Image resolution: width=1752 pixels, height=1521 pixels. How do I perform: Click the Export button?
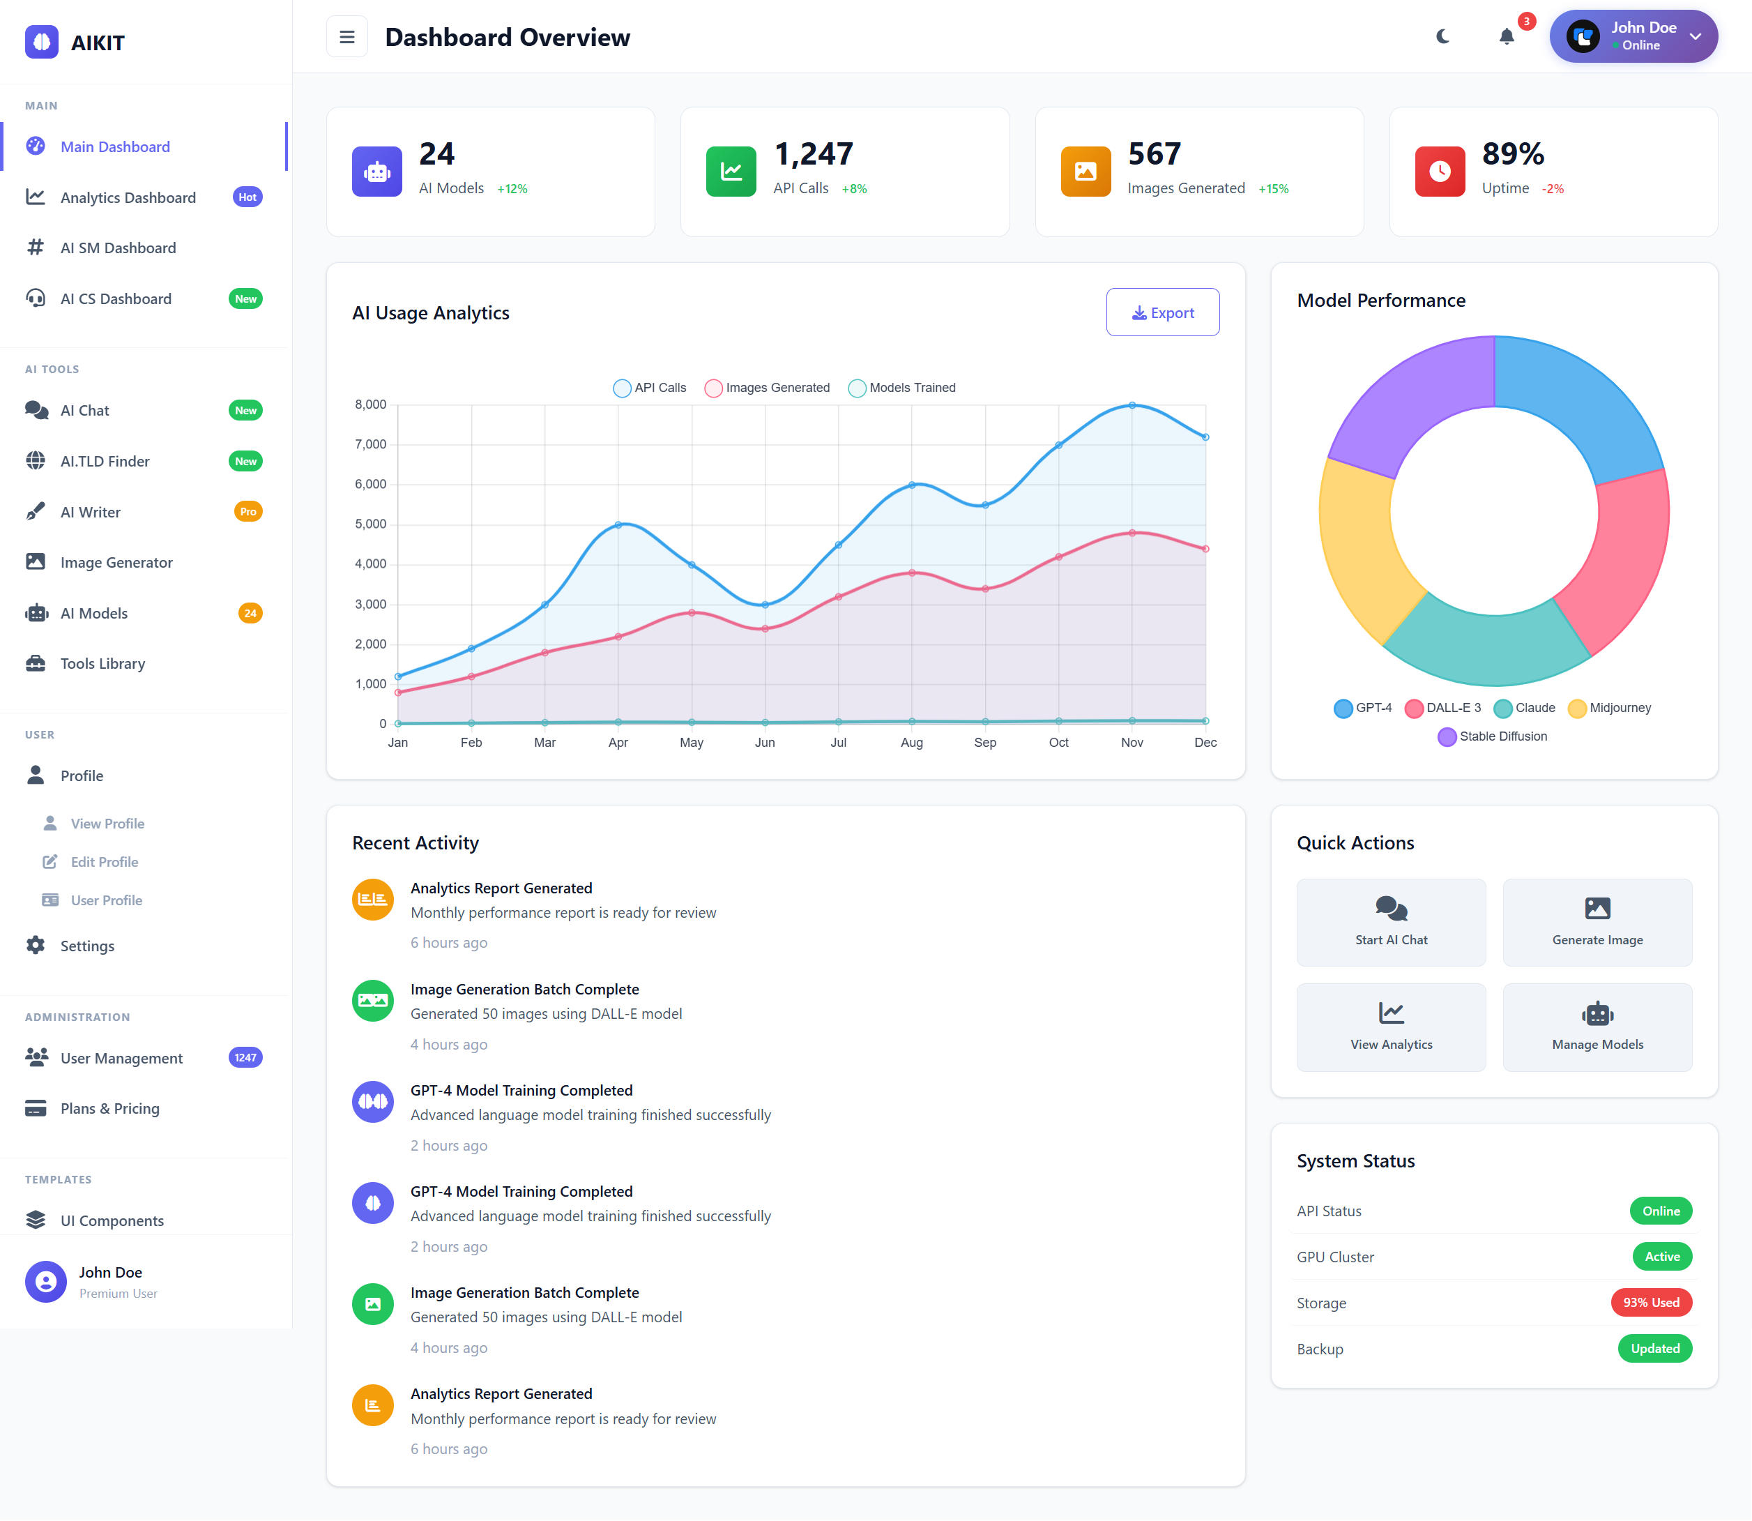(x=1162, y=312)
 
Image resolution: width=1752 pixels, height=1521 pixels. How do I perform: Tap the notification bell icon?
(x=1506, y=36)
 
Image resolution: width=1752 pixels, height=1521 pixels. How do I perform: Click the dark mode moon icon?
(x=1442, y=36)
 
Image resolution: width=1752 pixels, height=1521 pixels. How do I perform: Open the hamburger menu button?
(x=347, y=36)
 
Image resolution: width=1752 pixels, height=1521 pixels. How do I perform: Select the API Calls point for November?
(x=1132, y=406)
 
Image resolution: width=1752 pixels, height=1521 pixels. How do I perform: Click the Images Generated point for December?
(x=1205, y=549)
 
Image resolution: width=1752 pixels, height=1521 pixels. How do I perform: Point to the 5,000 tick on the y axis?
(x=370, y=524)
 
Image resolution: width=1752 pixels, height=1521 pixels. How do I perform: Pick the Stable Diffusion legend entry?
(x=1493, y=736)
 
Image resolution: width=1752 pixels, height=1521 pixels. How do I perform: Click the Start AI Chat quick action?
(x=1391, y=922)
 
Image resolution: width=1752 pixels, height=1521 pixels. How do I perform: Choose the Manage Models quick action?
(x=1597, y=1027)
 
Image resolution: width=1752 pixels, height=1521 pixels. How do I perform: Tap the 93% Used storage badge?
(x=1650, y=1303)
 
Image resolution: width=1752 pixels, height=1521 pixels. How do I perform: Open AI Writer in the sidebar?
(x=91, y=512)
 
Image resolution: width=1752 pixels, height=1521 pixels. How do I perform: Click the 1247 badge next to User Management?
(x=245, y=1057)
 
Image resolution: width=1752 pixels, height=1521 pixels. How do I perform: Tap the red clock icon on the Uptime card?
(x=1439, y=172)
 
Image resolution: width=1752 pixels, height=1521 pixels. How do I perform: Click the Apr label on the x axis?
(x=618, y=743)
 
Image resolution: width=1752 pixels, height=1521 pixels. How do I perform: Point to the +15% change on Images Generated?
(x=1272, y=189)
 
